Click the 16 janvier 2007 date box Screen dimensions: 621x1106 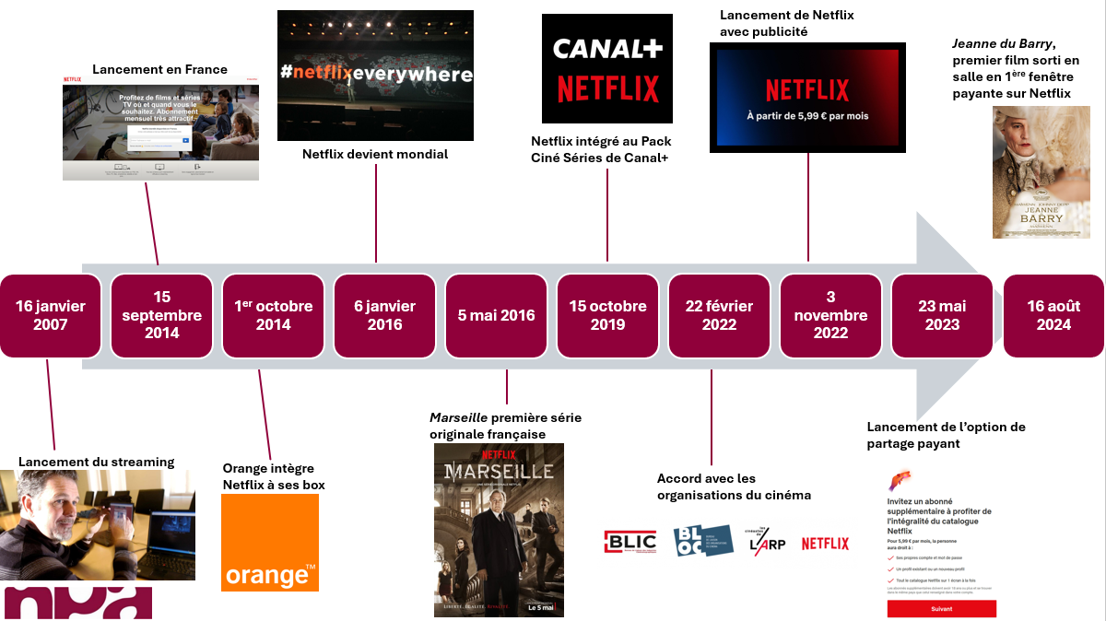coord(50,315)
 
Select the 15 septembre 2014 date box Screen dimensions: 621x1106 coord(161,315)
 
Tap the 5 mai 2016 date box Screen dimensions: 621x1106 coord(496,315)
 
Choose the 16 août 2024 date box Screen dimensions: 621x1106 coord(1053,315)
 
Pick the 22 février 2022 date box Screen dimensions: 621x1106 coord(719,315)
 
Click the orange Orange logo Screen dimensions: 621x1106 coord(269,543)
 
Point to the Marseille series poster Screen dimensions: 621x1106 coord(499,530)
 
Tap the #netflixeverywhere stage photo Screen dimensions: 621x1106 coord(375,76)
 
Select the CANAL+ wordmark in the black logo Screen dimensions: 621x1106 coord(607,48)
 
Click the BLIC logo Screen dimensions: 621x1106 coord(630,544)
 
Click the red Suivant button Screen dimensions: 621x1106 coord(941,609)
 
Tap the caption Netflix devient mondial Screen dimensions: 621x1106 coord(375,154)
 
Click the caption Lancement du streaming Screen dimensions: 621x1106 coord(96,462)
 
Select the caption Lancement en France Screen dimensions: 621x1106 coord(159,69)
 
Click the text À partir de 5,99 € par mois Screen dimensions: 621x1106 coord(807,116)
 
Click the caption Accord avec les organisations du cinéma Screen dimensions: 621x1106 coord(734,486)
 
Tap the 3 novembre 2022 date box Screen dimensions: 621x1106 coord(830,315)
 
